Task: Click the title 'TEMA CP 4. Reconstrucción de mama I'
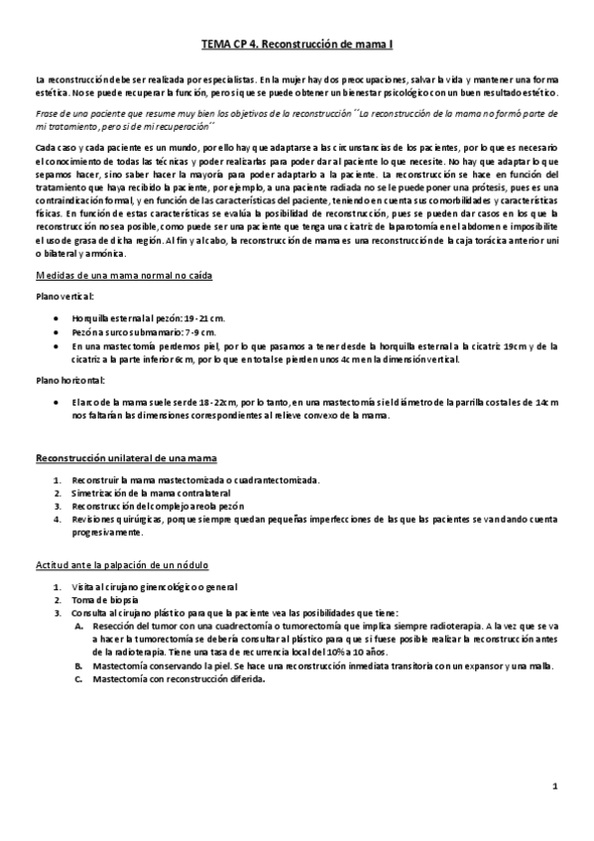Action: (297, 45)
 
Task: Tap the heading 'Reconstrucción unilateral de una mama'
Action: (126, 457)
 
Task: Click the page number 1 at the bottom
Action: (556, 786)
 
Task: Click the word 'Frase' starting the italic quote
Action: (48, 115)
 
